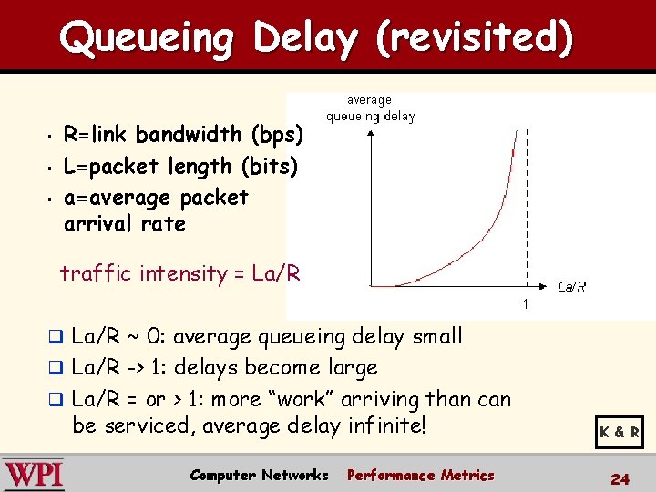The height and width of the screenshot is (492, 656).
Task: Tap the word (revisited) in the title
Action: click(x=476, y=38)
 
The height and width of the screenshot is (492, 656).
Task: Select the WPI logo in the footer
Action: click(x=34, y=476)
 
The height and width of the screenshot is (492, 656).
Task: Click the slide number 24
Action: click(x=620, y=479)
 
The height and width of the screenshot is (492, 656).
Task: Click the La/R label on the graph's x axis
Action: click(x=571, y=287)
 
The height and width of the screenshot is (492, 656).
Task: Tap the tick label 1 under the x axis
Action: click(x=526, y=302)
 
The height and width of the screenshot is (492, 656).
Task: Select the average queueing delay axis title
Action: click(x=370, y=108)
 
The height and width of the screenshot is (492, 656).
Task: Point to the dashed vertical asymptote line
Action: click(x=526, y=210)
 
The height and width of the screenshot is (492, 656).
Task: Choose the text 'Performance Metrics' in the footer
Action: click(x=420, y=476)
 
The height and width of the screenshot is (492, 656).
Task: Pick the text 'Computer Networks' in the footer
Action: click(x=259, y=476)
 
